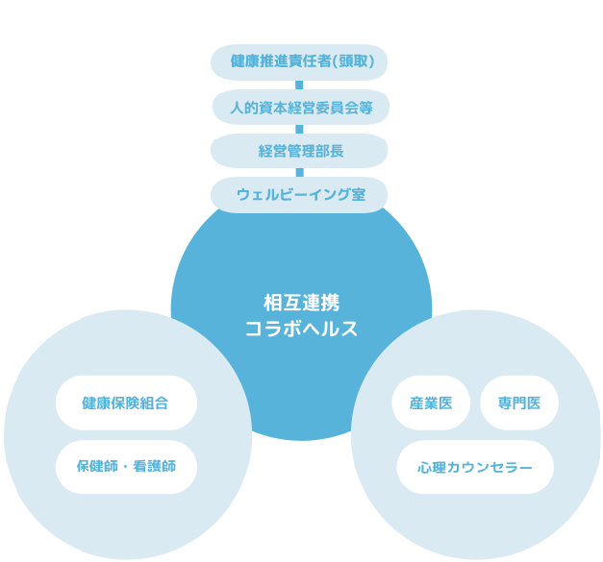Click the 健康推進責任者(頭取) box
point(300,62)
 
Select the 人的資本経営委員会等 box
point(300,107)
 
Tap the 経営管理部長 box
point(300,151)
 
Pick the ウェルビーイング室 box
point(300,194)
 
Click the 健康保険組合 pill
point(126,403)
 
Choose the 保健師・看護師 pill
point(126,467)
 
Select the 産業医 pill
point(431,403)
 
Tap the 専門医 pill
point(519,403)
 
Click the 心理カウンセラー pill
point(475,467)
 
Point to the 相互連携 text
point(301,302)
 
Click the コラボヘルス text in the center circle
point(301,329)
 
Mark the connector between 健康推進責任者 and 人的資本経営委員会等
point(300,85)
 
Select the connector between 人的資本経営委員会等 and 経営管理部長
point(300,129)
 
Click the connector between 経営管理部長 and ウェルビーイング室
point(300,173)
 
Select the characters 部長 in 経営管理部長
point(329,151)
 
